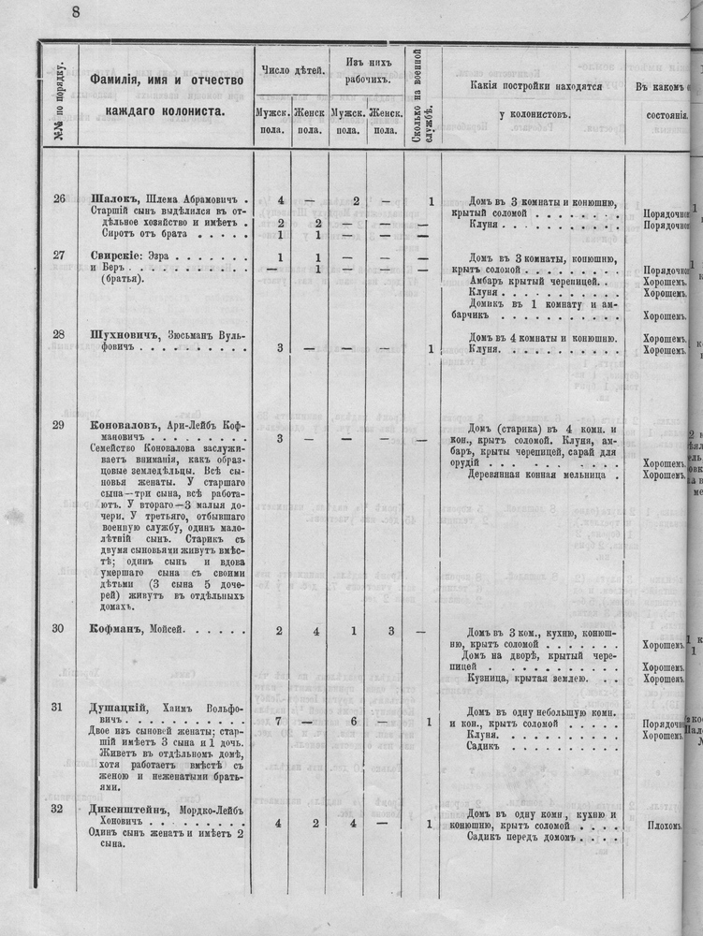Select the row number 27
point(58,256)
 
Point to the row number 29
point(58,426)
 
